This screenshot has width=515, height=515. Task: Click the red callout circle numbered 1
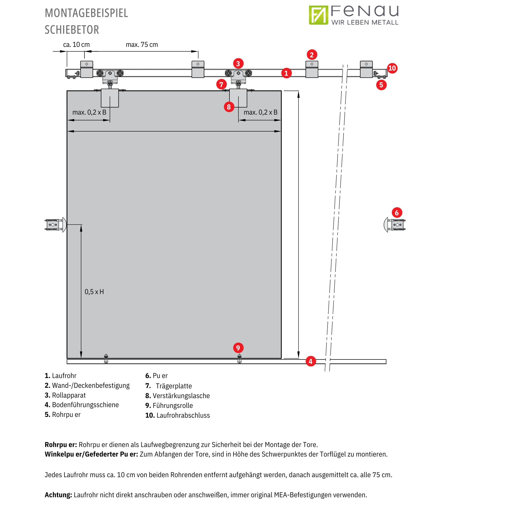click(x=286, y=73)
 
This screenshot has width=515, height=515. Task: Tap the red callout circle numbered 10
click(x=392, y=68)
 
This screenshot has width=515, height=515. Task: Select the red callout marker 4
click(x=311, y=362)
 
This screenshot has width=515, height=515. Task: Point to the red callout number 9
click(x=238, y=348)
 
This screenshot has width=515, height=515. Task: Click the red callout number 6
click(x=397, y=213)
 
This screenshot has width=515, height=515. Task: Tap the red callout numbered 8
click(x=229, y=107)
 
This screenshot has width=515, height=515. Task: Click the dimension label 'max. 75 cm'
click(x=142, y=45)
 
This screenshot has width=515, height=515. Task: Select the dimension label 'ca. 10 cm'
click(x=76, y=45)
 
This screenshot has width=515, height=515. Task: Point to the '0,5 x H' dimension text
click(x=94, y=292)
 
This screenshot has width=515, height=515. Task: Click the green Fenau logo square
click(x=318, y=15)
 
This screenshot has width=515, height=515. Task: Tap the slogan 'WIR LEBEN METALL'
click(x=365, y=23)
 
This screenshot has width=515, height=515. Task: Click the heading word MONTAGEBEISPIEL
click(x=86, y=13)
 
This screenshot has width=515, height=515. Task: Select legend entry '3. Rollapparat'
click(x=65, y=395)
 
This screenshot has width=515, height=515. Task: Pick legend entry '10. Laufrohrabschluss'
click(x=177, y=415)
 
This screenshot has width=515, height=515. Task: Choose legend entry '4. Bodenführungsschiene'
click(x=82, y=405)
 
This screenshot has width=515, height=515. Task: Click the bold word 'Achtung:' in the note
click(x=58, y=495)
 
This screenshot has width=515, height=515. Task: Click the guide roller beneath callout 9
click(x=239, y=359)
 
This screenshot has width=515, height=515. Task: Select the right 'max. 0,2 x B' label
click(x=260, y=112)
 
